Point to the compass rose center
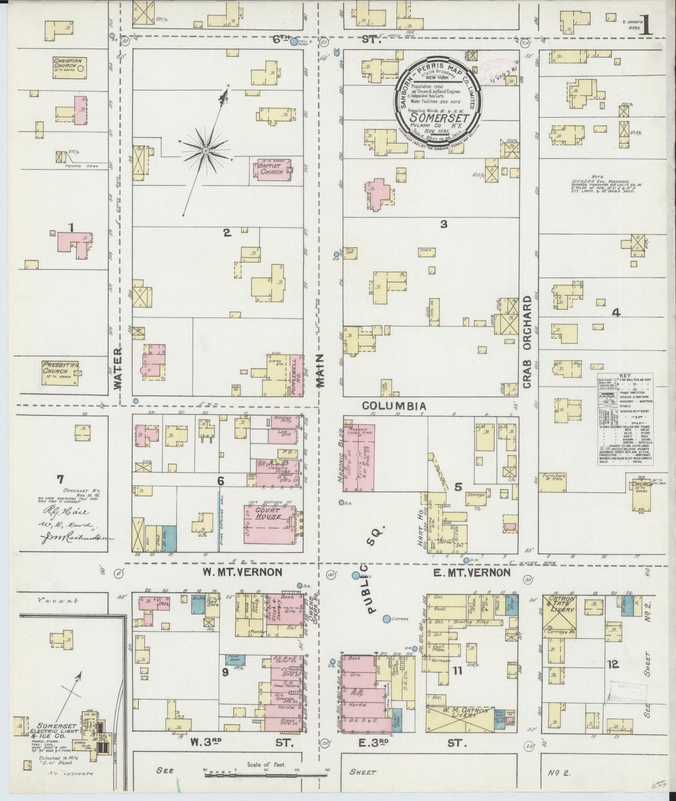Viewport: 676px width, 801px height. coord(205,150)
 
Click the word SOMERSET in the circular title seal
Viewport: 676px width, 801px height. coord(439,115)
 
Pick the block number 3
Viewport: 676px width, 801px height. coord(443,225)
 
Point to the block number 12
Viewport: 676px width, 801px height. coord(613,664)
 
